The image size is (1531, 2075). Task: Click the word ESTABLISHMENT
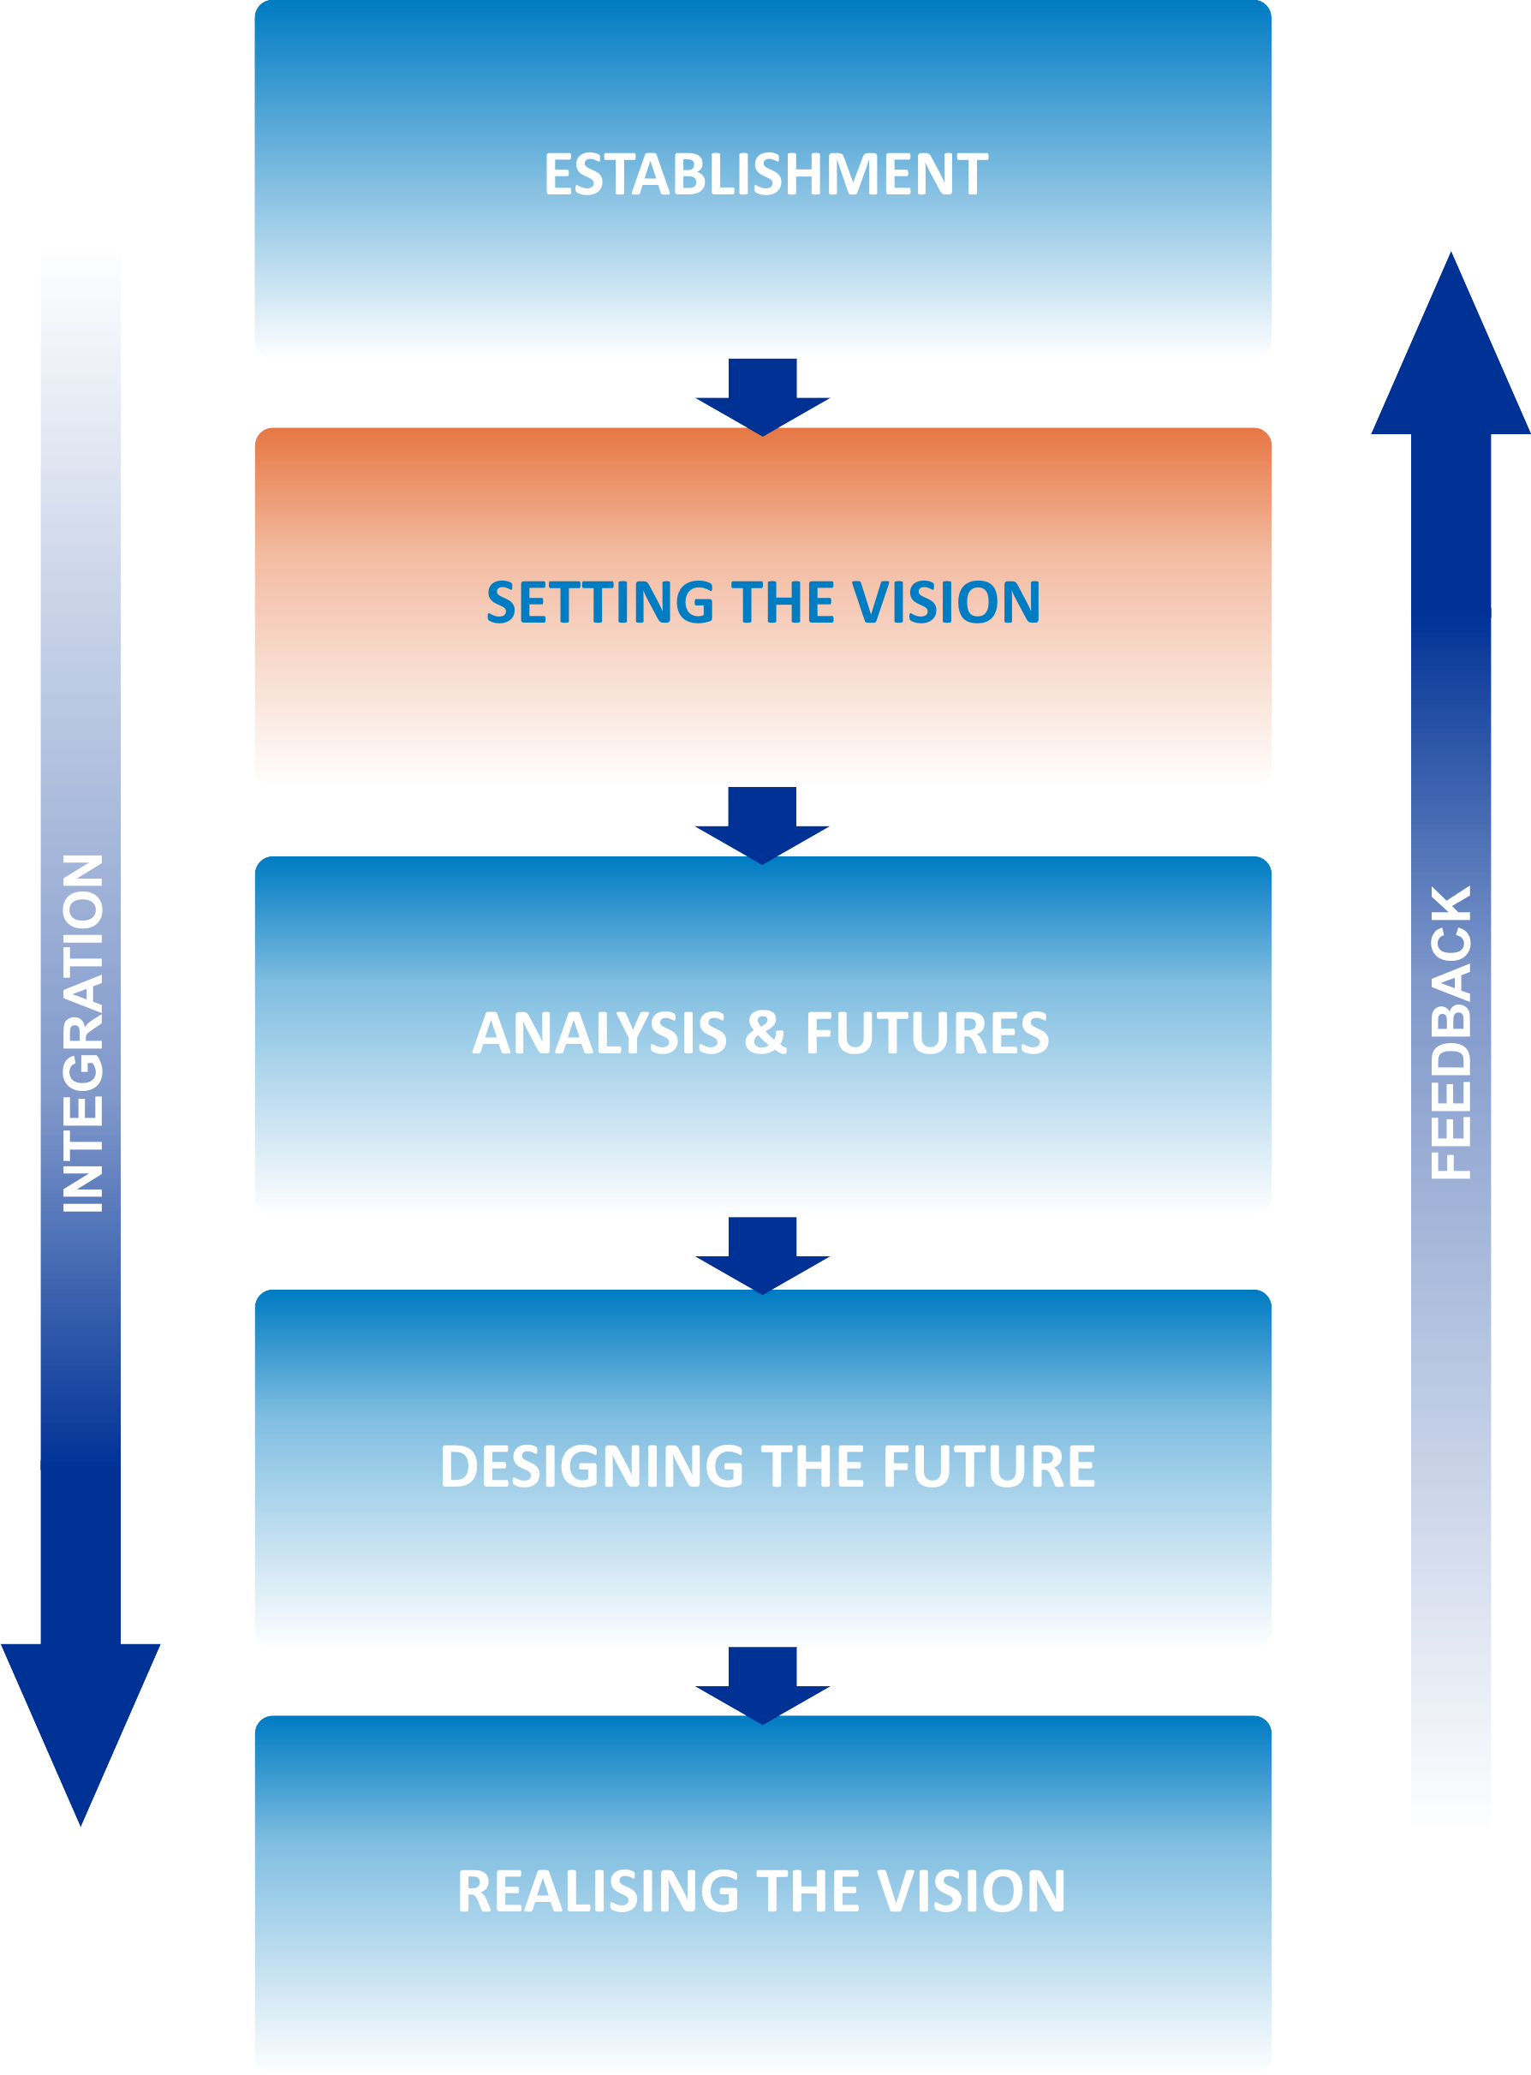point(765,174)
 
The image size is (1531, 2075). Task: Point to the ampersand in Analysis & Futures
point(765,1033)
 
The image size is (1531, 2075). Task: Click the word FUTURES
point(926,1033)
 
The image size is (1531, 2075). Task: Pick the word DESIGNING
point(592,1466)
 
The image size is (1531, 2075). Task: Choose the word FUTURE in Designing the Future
point(989,1466)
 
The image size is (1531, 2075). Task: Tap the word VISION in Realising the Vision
point(970,1891)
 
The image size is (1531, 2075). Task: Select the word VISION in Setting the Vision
point(946,601)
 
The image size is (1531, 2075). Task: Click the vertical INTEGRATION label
point(82,1033)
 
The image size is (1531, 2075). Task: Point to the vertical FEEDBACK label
point(1451,1033)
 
